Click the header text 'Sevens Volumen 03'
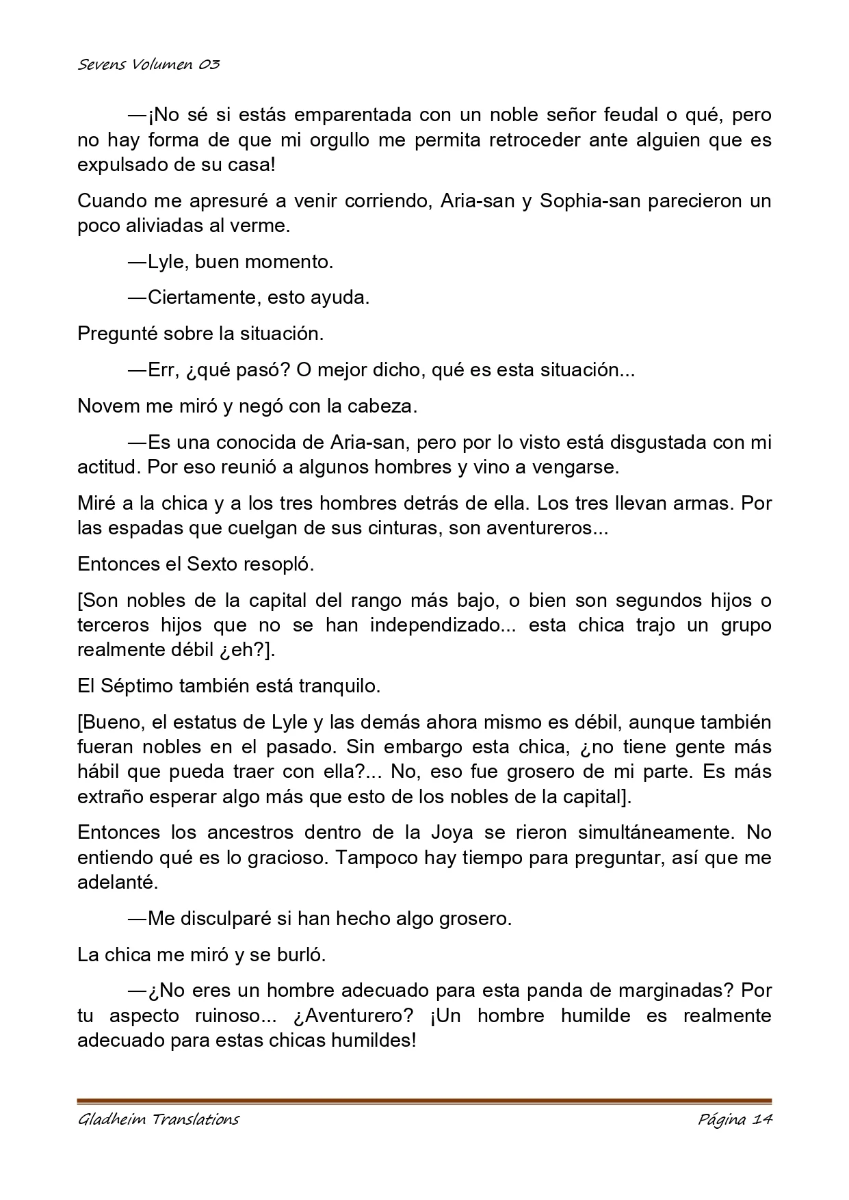coord(148,65)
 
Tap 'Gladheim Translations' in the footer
coord(158,1119)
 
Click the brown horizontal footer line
coord(424,1101)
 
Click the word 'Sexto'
coord(213,564)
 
